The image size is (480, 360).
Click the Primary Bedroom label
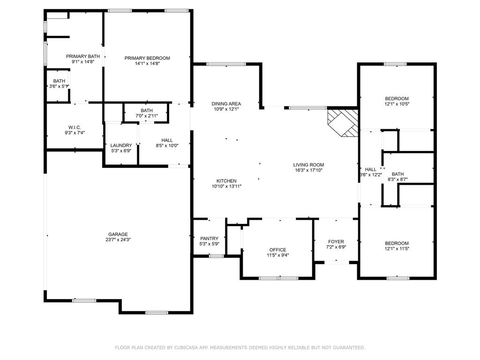147,58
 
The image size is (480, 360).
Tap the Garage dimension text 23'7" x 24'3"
118,240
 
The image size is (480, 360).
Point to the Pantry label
210,239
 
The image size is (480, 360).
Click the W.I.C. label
75,127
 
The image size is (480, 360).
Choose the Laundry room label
121,145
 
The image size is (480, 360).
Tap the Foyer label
336,241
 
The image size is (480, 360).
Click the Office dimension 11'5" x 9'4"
278,255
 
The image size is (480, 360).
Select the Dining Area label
226,104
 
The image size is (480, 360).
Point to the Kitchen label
226,181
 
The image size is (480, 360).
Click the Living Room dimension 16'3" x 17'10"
308,170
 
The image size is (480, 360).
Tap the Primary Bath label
83,56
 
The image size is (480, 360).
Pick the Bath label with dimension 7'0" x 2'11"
147,111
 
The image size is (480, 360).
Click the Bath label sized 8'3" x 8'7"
397,174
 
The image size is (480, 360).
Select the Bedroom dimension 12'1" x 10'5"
397,104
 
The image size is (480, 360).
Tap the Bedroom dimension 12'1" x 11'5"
397,248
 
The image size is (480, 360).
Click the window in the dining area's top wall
226,64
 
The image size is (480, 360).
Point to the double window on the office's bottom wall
278,278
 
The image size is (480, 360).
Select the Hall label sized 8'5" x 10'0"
167,140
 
